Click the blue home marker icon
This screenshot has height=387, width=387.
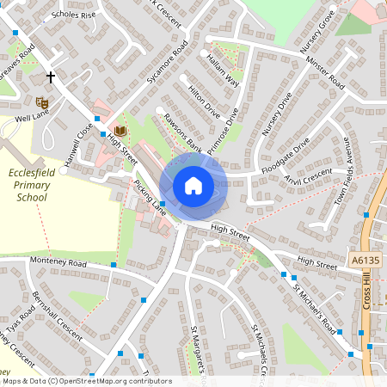[x=193, y=186]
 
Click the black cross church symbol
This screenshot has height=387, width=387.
[x=51, y=77]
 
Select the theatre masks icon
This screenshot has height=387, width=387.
[x=42, y=102]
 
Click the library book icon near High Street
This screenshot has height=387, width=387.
[x=120, y=131]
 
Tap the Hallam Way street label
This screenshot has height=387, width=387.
[x=221, y=69]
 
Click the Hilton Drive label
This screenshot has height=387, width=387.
[x=204, y=101]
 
